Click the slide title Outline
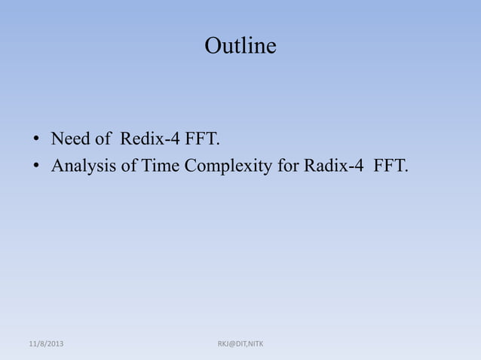(x=240, y=47)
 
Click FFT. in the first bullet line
(x=200, y=139)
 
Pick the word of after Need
(x=102, y=139)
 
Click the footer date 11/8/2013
(x=44, y=344)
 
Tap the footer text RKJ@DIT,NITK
(x=240, y=344)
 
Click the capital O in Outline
(x=213, y=47)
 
